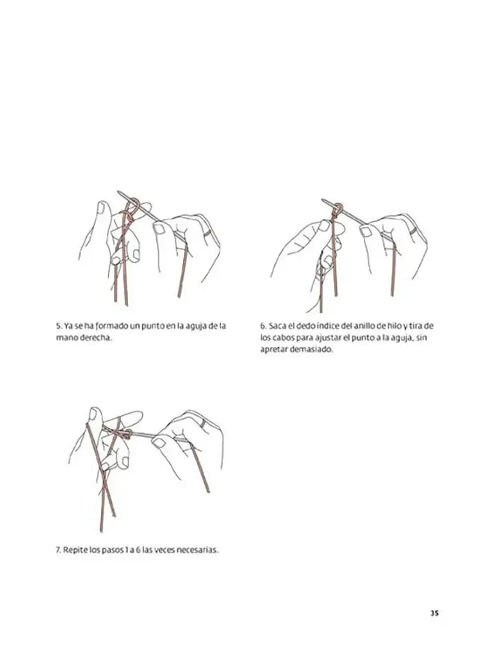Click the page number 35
434,613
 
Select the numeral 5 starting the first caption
59,326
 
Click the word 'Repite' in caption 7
75,550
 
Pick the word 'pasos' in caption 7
112,550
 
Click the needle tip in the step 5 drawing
118,192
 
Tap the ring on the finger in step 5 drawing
207,233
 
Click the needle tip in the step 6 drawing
323,200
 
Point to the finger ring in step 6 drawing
413,232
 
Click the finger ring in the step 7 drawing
203,423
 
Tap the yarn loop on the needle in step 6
338,208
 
